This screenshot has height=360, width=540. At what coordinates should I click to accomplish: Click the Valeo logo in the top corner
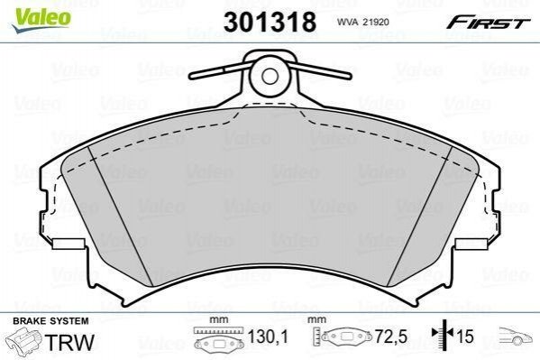[41, 19]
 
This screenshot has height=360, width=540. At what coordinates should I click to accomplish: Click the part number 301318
[270, 22]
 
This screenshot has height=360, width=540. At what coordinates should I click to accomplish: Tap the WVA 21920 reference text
[362, 22]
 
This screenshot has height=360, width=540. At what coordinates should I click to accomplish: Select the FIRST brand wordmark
[488, 23]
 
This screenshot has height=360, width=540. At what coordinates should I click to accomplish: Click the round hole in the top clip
[270, 76]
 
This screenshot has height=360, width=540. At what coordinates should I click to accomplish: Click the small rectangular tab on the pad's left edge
[69, 244]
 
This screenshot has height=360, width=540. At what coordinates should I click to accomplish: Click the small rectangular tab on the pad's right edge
[471, 244]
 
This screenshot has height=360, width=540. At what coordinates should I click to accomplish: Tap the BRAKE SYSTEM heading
[50, 321]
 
